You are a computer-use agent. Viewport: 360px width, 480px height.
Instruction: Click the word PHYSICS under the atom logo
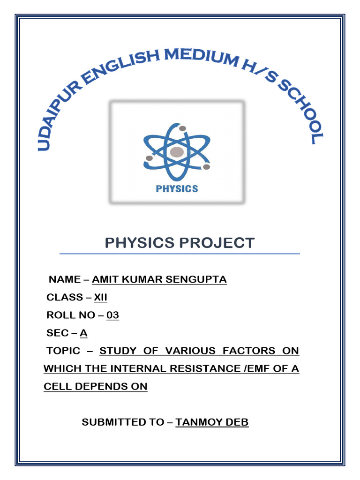pos(176,188)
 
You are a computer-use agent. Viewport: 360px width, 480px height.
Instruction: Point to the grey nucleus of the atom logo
pos(177,152)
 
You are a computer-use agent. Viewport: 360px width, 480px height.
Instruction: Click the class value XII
pos(101,297)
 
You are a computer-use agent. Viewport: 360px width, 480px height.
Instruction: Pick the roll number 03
pos(112,315)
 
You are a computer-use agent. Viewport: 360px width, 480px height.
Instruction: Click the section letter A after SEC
pos(83,333)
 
